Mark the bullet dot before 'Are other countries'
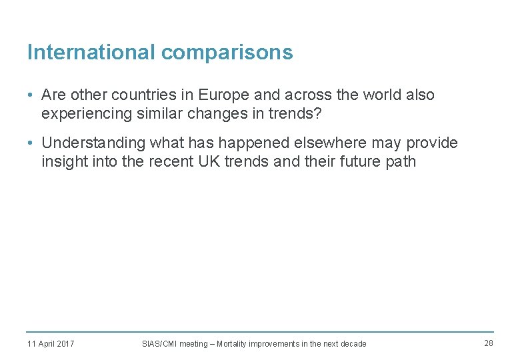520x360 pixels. tap(31, 95)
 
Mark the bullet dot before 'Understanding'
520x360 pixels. tap(31, 143)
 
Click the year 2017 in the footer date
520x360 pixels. tap(65, 344)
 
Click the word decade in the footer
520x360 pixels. tap(353, 344)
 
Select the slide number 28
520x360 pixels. tap(489, 343)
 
